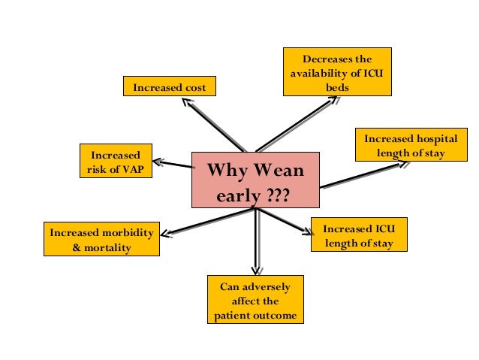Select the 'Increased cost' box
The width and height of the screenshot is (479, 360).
169,88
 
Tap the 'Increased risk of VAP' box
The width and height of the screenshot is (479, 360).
116,161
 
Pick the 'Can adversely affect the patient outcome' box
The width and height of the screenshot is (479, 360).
255,300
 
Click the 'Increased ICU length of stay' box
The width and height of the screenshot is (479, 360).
358,235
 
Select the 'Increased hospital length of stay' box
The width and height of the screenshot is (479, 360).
410,146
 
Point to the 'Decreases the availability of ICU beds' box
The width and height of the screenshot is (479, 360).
337,71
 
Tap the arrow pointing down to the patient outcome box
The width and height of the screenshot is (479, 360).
256,241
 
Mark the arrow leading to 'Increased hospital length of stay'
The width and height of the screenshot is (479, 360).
360,177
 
